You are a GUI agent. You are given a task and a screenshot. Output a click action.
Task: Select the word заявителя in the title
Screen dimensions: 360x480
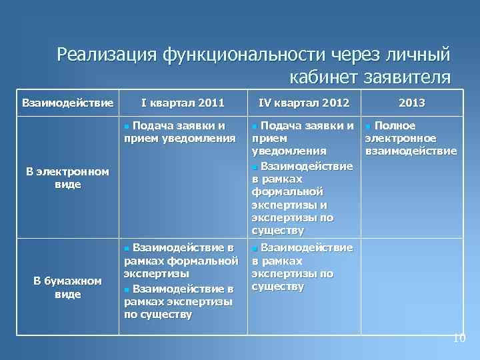point(409,77)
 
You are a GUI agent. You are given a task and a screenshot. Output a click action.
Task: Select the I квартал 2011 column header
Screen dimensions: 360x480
point(182,103)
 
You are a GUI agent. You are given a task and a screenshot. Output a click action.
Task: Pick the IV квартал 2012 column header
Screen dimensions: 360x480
point(303,103)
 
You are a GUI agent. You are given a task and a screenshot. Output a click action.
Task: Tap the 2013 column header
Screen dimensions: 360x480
point(411,103)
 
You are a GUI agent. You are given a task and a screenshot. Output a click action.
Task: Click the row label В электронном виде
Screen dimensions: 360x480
point(63,178)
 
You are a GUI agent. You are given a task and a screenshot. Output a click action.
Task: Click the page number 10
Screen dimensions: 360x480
point(459,339)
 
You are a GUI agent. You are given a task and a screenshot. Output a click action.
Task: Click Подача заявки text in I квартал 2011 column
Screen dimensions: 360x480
point(179,126)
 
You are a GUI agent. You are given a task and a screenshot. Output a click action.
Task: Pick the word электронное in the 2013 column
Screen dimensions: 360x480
point(399,139)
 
